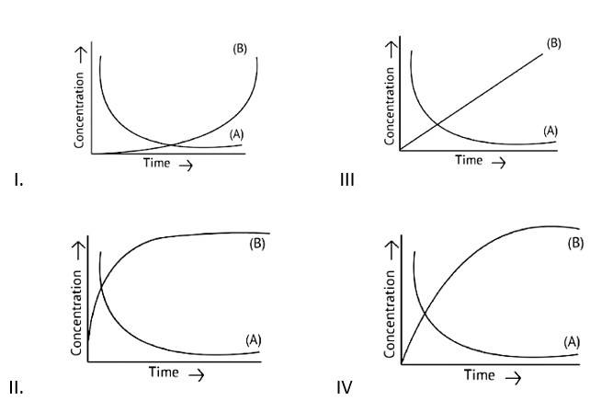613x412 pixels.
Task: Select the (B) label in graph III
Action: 554,43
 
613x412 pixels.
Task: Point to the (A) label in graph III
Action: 551,131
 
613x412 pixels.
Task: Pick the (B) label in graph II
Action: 257,244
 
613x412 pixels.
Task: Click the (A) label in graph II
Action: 255,339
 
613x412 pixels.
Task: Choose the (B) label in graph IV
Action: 576,244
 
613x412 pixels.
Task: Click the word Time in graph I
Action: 156,164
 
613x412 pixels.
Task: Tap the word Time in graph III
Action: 469,160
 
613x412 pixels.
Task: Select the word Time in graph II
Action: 164,372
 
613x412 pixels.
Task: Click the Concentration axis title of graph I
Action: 81,111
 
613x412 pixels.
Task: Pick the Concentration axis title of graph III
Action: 391,109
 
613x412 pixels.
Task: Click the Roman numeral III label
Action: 347,179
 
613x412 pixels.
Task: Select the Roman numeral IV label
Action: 345,387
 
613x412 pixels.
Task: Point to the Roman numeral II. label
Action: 16,387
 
